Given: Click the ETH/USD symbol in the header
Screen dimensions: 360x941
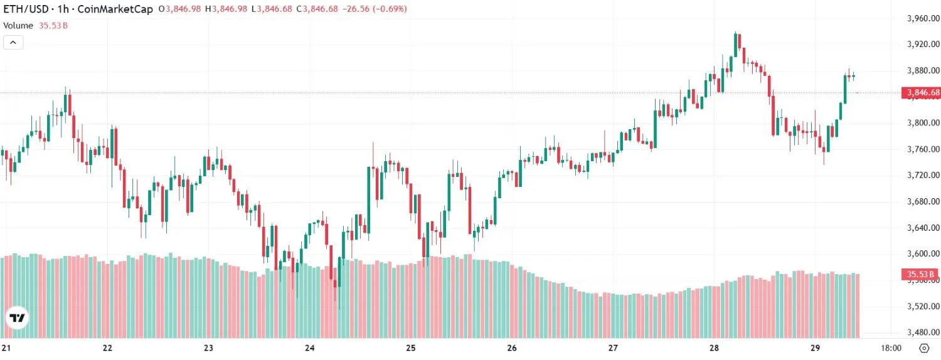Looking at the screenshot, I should point(26,9).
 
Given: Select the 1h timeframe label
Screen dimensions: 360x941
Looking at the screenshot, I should point(63,9).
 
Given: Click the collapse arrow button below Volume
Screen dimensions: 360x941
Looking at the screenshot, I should point(14,43).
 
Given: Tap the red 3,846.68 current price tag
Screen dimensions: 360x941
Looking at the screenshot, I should point(921,93).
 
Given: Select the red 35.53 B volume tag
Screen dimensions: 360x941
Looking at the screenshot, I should point(920,274).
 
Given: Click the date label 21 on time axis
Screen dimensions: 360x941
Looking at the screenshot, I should point(6,348).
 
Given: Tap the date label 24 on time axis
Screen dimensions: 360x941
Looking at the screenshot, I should point(309,348).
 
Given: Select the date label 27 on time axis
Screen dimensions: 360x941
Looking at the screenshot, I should point(613,348).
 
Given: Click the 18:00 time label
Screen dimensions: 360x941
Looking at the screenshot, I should point(891,348).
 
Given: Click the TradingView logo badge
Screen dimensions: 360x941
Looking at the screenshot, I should point(17,318).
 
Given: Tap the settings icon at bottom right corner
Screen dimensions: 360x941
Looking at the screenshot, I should point(924,348).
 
